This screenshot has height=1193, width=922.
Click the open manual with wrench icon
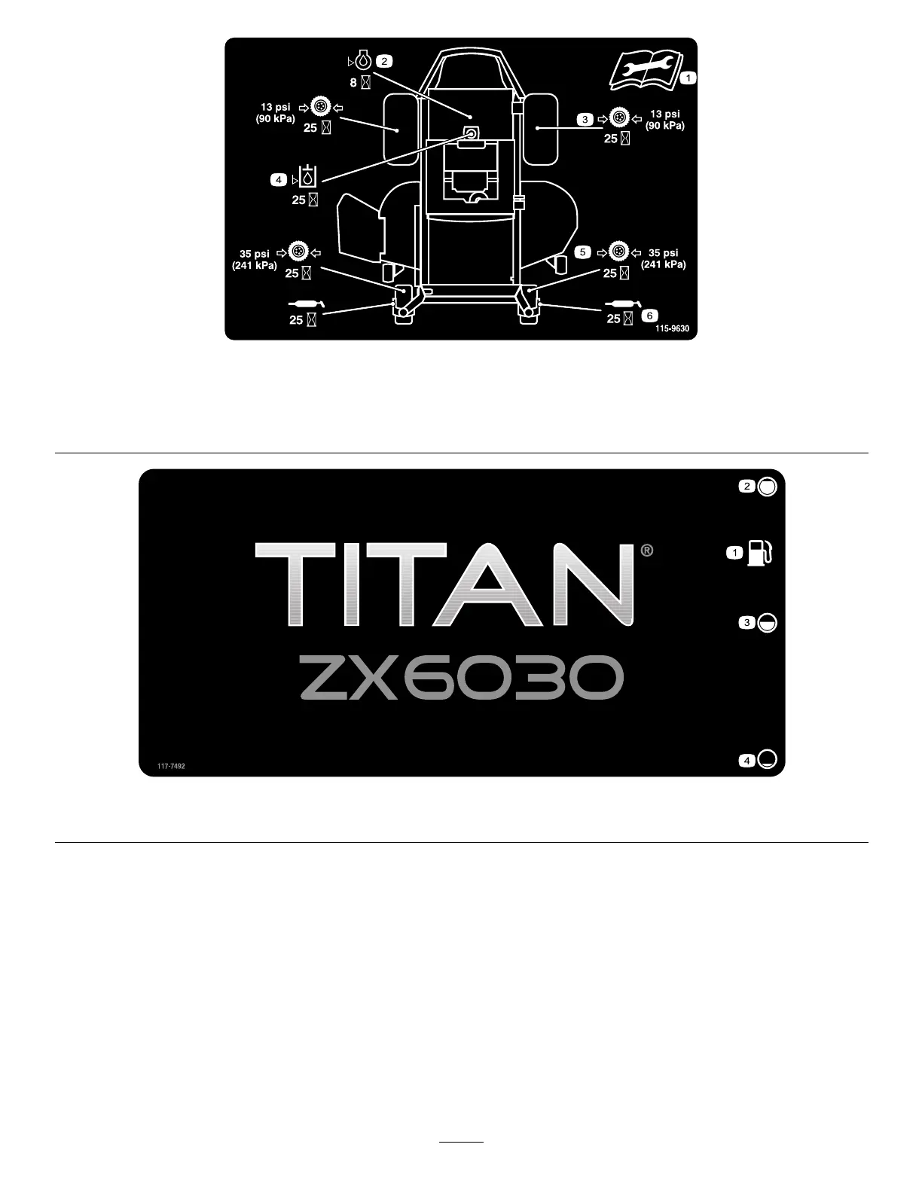644,69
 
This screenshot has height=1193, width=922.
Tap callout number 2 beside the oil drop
384,60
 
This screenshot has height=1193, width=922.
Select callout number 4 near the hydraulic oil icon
279,179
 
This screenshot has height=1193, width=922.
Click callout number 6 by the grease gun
650,316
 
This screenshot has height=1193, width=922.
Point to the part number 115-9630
672,329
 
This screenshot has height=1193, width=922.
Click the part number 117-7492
171,766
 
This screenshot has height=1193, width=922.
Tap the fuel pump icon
759,554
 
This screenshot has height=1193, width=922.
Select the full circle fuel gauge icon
766,487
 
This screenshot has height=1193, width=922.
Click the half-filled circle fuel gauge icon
766,623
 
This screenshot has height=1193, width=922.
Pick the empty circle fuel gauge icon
766,759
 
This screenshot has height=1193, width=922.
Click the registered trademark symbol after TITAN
646,551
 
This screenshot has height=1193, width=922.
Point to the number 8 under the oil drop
353,83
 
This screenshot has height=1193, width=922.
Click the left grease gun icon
307,303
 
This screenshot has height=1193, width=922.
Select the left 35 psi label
255,254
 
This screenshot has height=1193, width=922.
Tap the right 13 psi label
664,114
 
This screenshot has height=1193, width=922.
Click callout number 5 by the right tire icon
583,252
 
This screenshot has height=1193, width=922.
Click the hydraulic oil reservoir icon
308,176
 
